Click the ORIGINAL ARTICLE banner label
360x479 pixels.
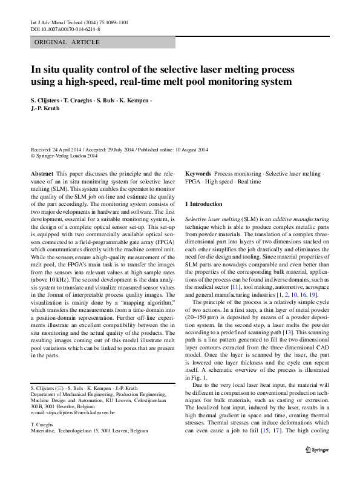point(59,42)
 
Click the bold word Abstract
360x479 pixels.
point(42,174)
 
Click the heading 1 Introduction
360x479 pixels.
point(205,204)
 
